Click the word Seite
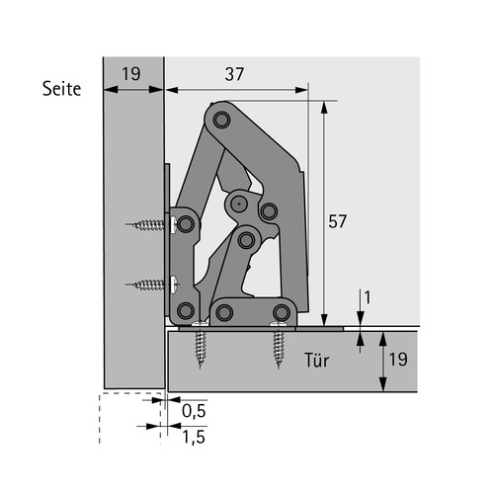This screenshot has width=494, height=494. pyautogui.click(x=61, y=89)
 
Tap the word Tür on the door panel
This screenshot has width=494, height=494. pyautogui.click(x=316, y=361)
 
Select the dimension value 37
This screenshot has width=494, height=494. pyautogui.click(x=234, y=74)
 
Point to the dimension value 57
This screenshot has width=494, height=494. pyautogui.click(x=337, y=221)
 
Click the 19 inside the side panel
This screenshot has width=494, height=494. pyautogui.click(x=131, y=74)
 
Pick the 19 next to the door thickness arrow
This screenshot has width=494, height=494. pyautogui.click(x=398, y=359)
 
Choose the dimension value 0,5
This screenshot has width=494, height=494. pyautogui.click(x=194, y=411)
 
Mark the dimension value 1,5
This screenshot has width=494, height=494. pyautogui.click(x=194, y=437)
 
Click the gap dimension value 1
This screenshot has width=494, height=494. pyautogui.click(x=368, y=297)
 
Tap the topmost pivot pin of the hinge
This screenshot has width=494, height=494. pyautogui.click(x=221, y=121)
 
